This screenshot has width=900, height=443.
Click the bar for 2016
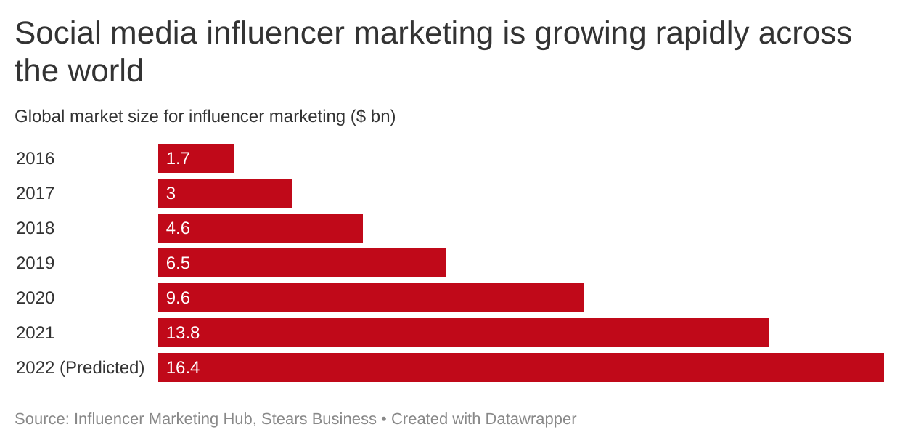coord(196,158)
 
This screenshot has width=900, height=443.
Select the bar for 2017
coord(225,193)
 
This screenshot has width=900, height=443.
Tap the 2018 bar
coord(261,228)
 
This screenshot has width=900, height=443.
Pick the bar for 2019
coord(302,263)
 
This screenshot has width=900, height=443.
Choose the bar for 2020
coord(371,298)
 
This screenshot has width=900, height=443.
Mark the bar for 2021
coord(464,333)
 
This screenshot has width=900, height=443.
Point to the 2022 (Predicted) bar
coord(521,367)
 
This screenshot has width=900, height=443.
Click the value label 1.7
coord(178,158)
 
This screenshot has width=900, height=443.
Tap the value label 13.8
coord(183,333)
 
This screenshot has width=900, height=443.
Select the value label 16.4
coord(183,367)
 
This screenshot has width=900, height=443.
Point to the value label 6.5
coord(178,263)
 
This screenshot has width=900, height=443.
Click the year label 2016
coord(35,158)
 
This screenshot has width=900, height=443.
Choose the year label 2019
coord(35,263)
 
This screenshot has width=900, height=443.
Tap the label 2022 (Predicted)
coord(80,367)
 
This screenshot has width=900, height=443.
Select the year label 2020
coord(35,298)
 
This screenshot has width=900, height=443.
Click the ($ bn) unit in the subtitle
coord(372,116)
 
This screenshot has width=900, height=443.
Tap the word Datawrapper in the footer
coord(531,419)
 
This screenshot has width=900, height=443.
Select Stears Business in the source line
coord(319,419)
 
